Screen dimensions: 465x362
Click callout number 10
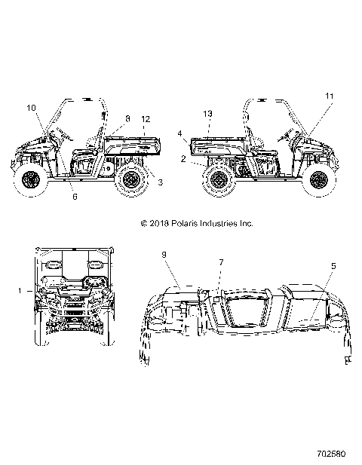click(32, 109)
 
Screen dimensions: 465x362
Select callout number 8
click(127, 118)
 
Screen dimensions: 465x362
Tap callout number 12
click(146, 119)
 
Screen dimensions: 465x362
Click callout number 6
click(75, 197)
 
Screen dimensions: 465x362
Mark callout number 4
click(181, 133)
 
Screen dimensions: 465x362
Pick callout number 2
click(183, 159)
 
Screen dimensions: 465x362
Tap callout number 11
click(328, 96)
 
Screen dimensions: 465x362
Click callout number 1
click(19, 289)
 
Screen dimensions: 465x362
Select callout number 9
click(164, 255)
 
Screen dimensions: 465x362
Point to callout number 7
click(220, 262)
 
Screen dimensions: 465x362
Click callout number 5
click(333, 265)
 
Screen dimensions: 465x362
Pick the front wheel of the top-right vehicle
click(320, 181)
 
